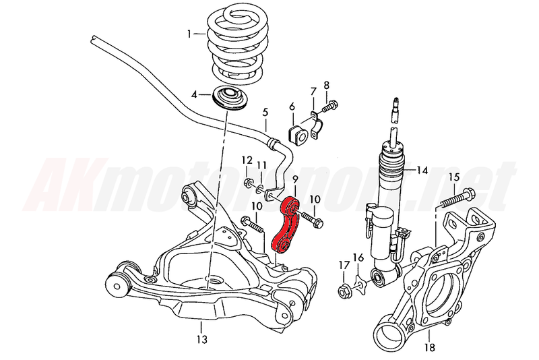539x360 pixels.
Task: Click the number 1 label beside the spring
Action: pos(191,32)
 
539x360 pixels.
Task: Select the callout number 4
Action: pos(194,94)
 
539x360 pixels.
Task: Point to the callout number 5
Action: pos(265,113)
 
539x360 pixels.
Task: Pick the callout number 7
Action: pos(313,91)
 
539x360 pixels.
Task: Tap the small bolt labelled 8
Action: pos(331,106)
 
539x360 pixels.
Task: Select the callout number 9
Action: pos(294,180)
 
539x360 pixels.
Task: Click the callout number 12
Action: pos(247,160)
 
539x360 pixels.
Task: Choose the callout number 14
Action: pos(422,169)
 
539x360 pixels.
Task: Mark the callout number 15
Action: pos(453,177)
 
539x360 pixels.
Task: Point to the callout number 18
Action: pos(430,348)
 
